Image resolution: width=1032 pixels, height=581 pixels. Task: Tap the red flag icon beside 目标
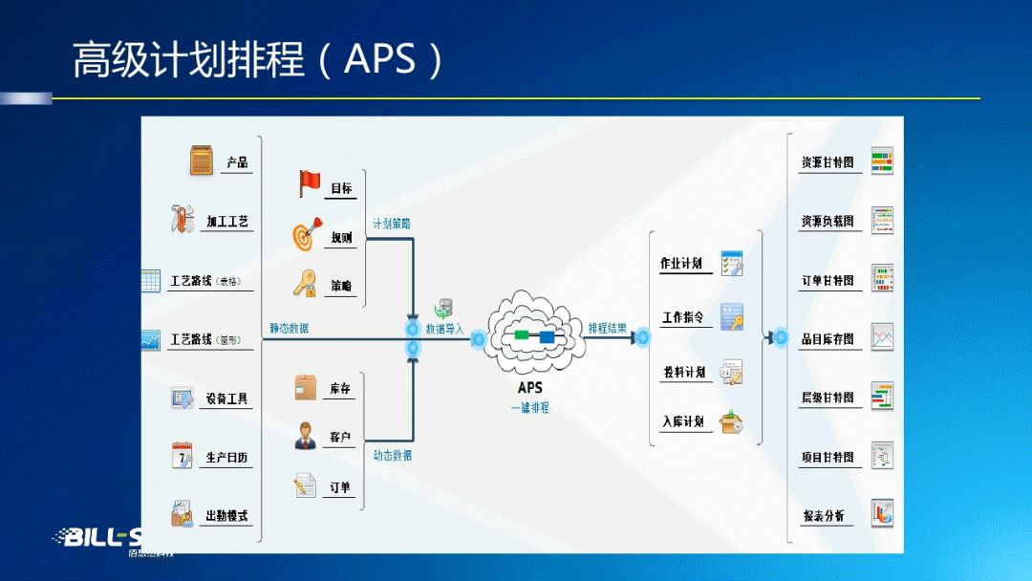310,183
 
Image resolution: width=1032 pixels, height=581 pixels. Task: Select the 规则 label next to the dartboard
341,238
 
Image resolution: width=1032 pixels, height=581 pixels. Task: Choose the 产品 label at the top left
237,163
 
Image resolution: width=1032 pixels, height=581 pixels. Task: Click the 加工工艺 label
227,222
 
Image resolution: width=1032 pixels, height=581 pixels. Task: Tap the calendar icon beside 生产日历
182,455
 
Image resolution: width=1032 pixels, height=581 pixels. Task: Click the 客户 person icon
306,435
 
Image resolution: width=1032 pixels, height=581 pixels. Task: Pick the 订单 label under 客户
340,487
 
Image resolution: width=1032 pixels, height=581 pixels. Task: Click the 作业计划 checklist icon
732,262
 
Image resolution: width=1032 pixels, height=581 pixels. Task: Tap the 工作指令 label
683,317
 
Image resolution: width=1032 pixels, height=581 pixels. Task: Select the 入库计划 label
683,421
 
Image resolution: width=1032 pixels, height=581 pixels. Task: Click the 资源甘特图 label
828,163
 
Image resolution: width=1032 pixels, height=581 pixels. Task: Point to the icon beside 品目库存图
881,336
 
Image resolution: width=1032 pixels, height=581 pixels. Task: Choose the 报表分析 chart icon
881,513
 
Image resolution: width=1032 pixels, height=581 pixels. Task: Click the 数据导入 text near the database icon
444,329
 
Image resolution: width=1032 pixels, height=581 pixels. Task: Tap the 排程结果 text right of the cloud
608,329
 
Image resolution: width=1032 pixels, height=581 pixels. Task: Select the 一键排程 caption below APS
529,408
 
